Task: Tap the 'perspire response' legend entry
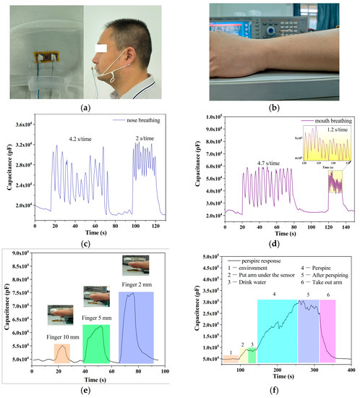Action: (255, 258)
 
